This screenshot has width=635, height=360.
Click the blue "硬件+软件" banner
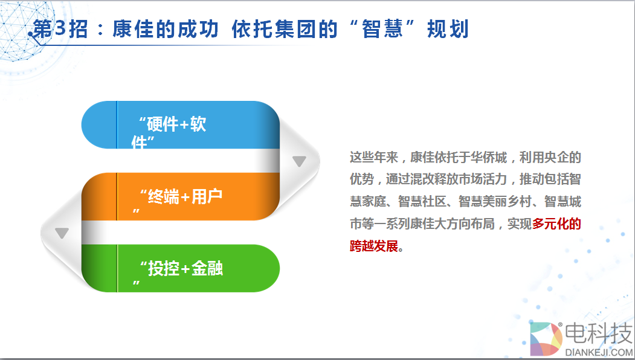[x=181, y=124]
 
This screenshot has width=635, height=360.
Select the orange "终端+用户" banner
[x=181, y=196]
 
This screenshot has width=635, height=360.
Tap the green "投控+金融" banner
[x=181, y=268]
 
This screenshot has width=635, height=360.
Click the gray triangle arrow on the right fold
[x=299, y=161]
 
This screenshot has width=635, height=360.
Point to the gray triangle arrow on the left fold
[x=62, y=233]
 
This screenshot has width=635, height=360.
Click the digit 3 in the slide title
[x=60, y=29]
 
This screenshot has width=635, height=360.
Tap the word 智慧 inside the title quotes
[x=382, y=29]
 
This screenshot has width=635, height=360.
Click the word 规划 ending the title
[x=448, y=29]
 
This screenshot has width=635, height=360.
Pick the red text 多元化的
[x=556, y=223]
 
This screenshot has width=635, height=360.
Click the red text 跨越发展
[x=374, y=246]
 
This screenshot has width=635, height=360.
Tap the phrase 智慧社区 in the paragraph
[x=422, y=201]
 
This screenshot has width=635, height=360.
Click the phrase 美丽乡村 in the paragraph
[x=507, y=201]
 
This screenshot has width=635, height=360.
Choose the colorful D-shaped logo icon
[x=546, y=339]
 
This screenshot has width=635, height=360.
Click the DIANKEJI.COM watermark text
[x=599, y=352]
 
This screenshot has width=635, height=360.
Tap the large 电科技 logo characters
[x=599, y=333]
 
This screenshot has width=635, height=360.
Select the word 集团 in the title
[x=295, y=29]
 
